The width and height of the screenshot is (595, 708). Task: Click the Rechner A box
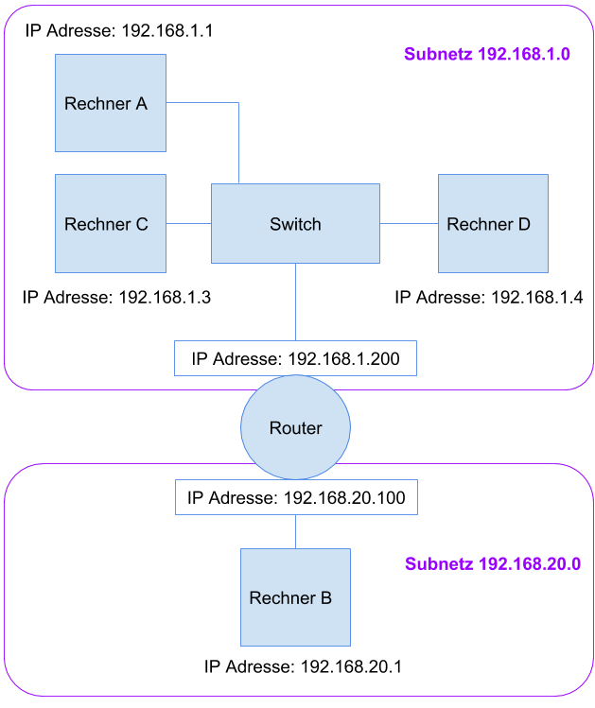click(110, 103)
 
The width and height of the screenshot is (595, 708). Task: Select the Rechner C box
click(110, 224)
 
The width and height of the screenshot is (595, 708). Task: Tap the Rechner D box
click(493, 224)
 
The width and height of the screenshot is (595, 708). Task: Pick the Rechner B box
click(295, 597)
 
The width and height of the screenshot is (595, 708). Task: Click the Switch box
click(295, 224)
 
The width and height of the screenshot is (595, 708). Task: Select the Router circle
click(295, 428)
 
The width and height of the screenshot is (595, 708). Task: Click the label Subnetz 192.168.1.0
click(487, 54)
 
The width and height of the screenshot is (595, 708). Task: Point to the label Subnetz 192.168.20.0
click(492, 564)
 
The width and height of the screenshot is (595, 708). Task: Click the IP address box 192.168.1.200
click(295, 359)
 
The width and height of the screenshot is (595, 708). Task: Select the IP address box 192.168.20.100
click(295, 497)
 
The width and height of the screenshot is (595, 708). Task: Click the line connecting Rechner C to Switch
click(188, 224)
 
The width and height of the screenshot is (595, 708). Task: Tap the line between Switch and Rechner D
click(409, 224)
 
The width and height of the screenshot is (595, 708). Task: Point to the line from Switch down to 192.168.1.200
click(295, 302)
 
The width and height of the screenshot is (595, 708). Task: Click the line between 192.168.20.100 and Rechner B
click(295, 531)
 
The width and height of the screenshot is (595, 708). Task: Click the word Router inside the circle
click(295, 428)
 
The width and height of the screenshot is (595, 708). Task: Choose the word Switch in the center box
click(295, 224)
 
